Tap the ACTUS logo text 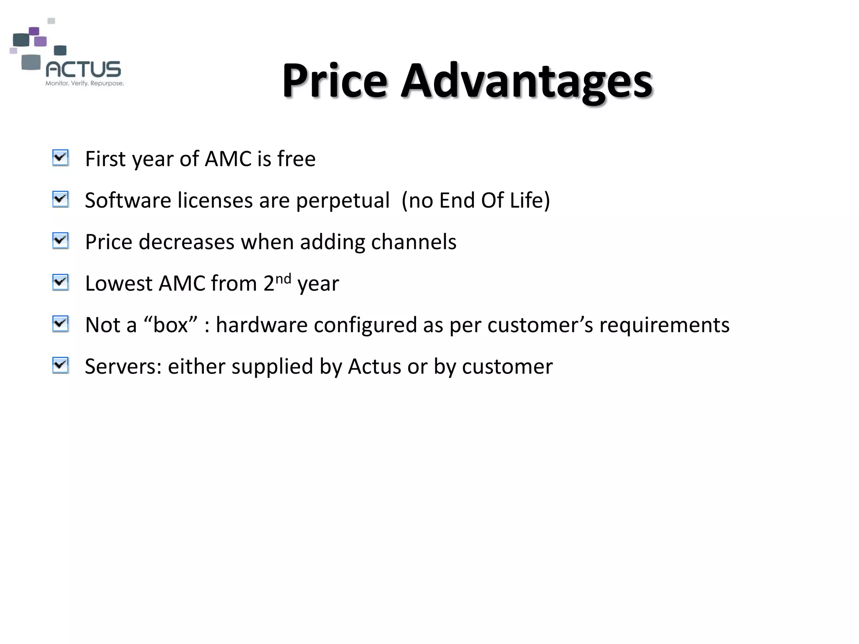click(x=83, y=69)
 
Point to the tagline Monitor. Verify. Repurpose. click(x=84, y=83)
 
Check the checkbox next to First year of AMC click(x=60, y=158)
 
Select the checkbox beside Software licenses click(x=60, y=200)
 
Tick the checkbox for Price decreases click(x=60, y=241)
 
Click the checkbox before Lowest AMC click(x=60, y=283)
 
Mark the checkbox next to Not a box click(x=60, y=324)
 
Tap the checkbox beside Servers click(x=60, y=366)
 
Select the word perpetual click(x=343, y=200)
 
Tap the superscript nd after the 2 click(x=283, y=278)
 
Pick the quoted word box click(x=170, y=325)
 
